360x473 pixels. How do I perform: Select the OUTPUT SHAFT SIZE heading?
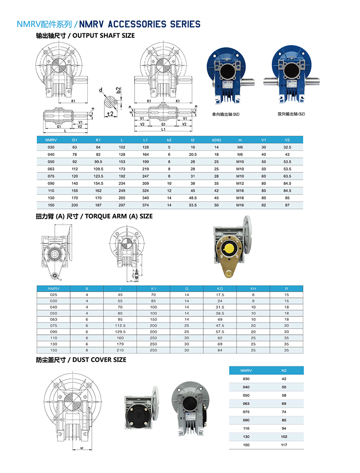tap(85, 36)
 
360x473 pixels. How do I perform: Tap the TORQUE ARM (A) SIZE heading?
tap(94, 216)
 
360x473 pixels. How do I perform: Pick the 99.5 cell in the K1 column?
tap(99, 162)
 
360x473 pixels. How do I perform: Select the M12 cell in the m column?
tap(240, 183)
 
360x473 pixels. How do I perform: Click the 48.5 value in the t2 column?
tap(193, 198)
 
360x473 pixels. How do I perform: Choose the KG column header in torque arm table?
tap(220, 288)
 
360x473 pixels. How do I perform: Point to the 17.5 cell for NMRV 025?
tap(220, 295)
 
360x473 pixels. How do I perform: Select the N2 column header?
tap(284, 370)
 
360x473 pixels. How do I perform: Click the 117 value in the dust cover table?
tap(284, 445)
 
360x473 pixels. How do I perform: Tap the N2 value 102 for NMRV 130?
tap(284, 437)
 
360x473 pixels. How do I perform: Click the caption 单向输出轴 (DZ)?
tap(225, 114)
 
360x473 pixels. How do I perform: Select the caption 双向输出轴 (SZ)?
tap(292, 114)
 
